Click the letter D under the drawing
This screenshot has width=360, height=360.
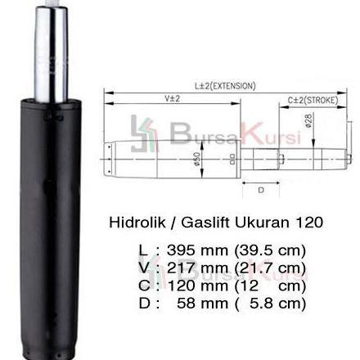260,190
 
